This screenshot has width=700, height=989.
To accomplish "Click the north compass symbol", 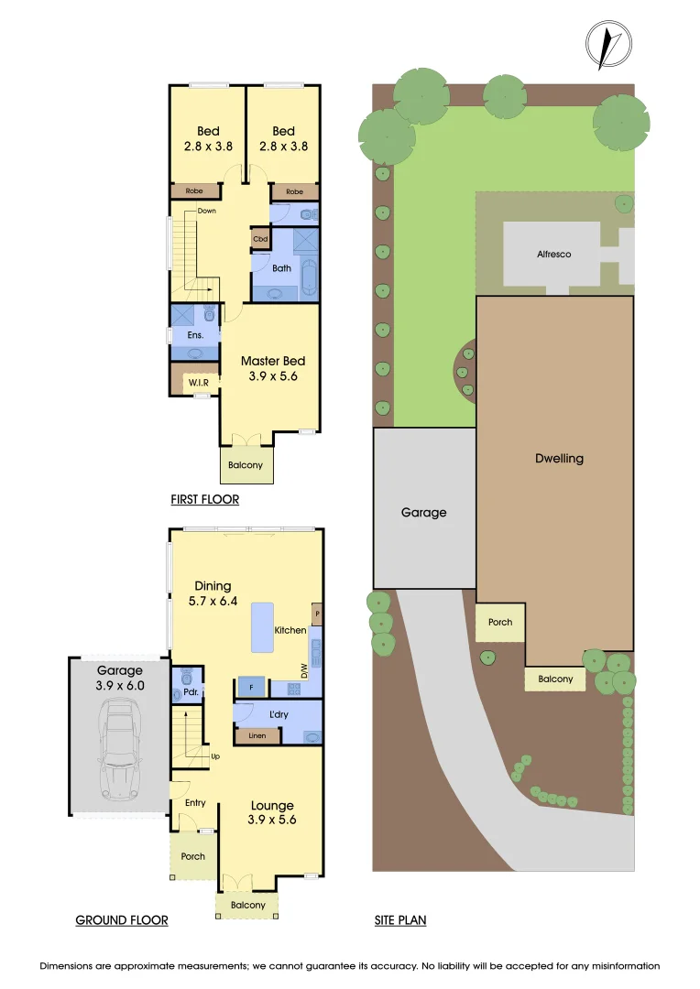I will coord(608,43).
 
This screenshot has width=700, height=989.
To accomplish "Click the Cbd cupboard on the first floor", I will coord(260,240).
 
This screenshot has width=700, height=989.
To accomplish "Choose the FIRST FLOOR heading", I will coord(204,500).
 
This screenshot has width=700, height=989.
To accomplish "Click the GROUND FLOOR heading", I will coord(121,920).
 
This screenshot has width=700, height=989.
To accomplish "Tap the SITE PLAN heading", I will coord(400,920).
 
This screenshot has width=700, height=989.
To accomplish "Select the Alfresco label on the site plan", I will coord(553,254).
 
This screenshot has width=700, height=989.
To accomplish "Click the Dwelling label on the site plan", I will coord(559,459).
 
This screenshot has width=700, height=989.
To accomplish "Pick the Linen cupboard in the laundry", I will coord(257,735).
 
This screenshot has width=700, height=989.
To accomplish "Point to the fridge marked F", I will coord(251,687).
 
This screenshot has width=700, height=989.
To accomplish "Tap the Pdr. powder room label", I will coord(191,693).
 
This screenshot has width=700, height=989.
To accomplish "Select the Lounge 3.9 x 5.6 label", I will coord(271,813).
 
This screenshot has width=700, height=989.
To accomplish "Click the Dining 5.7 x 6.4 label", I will coord(212,593).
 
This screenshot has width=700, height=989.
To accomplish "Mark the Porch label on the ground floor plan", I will coord(192,857).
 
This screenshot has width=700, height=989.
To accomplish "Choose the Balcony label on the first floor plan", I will coord(246,465).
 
